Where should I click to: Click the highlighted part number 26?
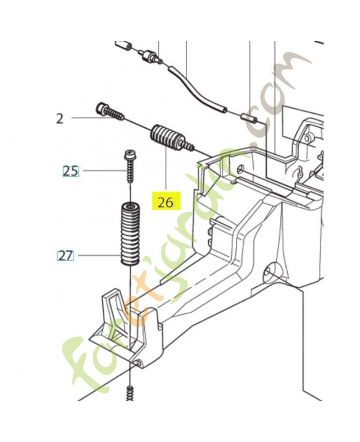[166, 202]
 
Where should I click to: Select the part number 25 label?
[71, 171]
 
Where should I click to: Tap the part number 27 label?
[65, 256]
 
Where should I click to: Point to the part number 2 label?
[60, 119]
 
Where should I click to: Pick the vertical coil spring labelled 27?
[130, 234]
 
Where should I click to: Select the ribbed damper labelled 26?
[172, 138]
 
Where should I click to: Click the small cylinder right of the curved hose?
[248, 118]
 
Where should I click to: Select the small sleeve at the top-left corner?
[123, 45]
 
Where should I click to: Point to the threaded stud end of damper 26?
[189, 145]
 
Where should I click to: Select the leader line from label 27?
[99, 256]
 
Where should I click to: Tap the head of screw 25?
[130, 155]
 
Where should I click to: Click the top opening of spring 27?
[130, 206]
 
